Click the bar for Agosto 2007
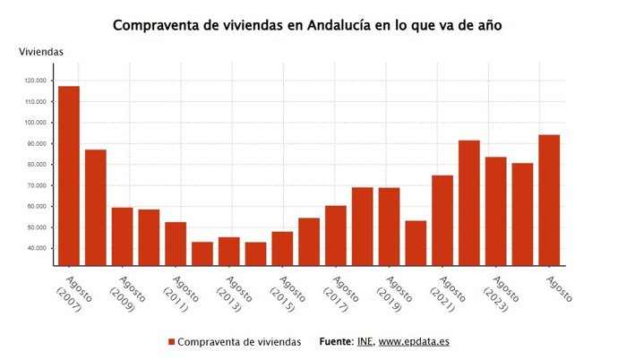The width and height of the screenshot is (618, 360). [x=69, y=176]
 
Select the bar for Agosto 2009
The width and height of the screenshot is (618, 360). [x=123, y=236]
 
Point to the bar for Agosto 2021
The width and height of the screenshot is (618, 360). [x=442, y=220]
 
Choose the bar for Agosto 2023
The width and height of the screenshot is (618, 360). [x=495, y=211]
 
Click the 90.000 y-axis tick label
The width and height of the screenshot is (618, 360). [x=37, y=143]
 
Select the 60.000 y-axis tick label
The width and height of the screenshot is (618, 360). [x=37, y=206]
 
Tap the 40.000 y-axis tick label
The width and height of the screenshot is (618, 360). [x=37, y=248]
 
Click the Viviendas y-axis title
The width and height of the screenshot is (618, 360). [x=41, y=53]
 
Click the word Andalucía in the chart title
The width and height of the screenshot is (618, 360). [x=345, y=25]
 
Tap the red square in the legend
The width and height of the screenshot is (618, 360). [x=171, y=342]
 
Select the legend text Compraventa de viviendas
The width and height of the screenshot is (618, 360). [x=239, y=342]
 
